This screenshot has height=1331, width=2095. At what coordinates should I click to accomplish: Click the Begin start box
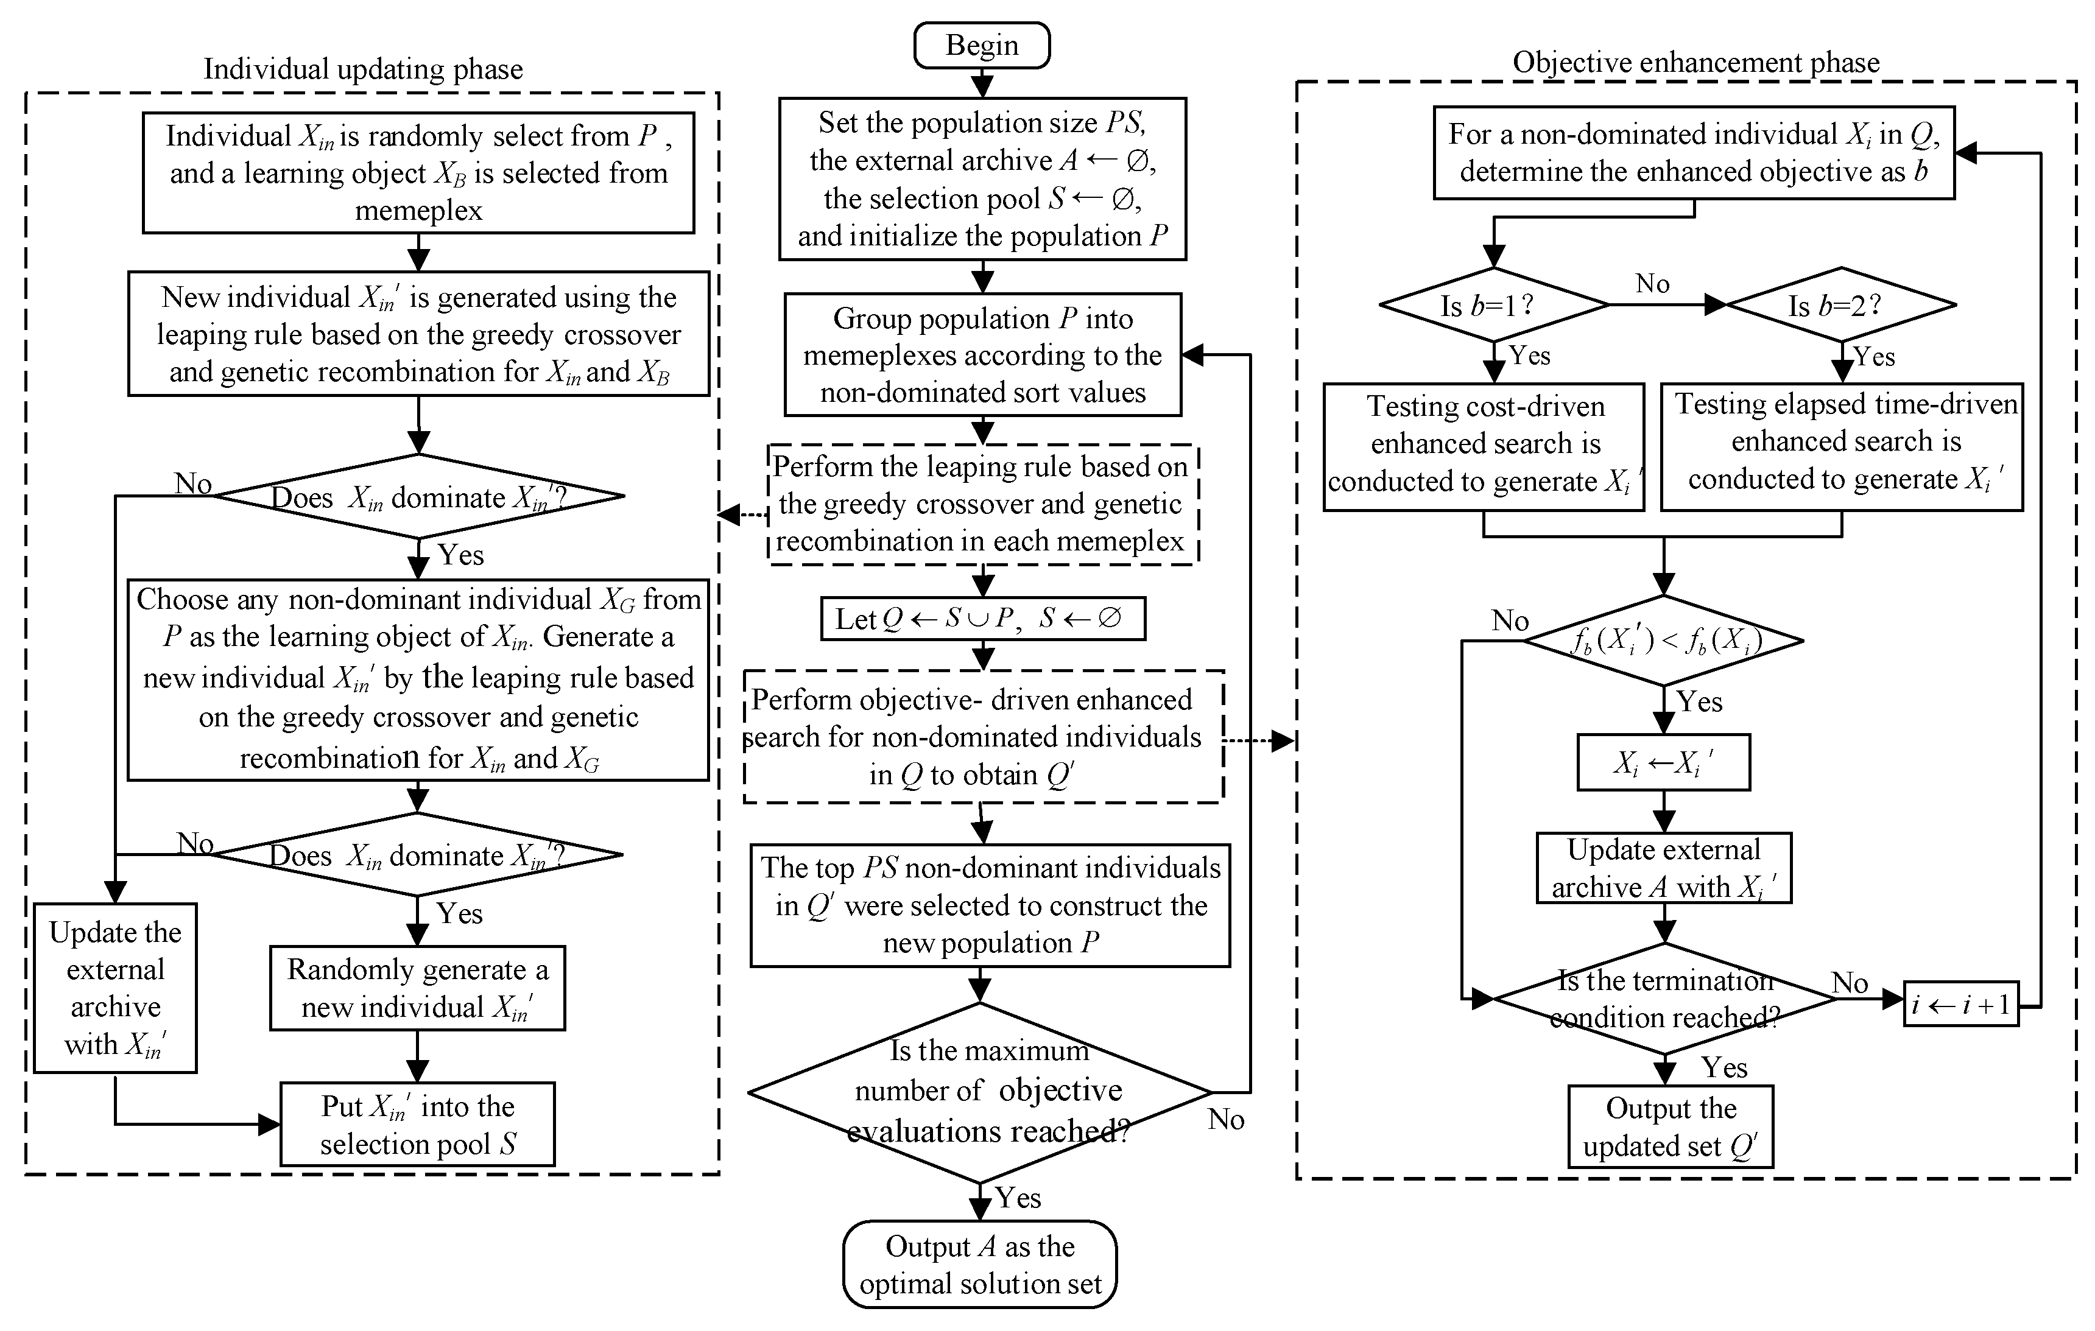coord(981,45)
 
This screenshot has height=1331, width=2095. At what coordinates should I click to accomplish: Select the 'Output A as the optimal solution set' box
coord(980,1264)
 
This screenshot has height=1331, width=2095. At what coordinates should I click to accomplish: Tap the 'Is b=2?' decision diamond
coord(1841,305)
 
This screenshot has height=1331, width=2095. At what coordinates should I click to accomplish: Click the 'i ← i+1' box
coord(1960,1005)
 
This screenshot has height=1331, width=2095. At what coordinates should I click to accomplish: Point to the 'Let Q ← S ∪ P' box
coord(982,619)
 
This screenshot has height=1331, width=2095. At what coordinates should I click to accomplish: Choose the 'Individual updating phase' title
coord(363,69)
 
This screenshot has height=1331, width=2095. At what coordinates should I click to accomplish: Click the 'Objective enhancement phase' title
coord(1695,63)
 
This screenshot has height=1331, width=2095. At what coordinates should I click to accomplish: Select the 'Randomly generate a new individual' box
coord(418,988)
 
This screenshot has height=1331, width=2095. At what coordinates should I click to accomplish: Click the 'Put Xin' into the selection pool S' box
coord(418,1124)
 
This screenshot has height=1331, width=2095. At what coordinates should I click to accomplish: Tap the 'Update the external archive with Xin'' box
coord(115,988)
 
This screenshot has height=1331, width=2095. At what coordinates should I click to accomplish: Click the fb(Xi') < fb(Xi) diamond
coord(1663,641)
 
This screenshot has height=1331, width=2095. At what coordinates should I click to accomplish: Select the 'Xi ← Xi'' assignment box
coord(1663,763)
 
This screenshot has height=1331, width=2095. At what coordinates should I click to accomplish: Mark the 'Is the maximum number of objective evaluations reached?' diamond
coord(981,1092)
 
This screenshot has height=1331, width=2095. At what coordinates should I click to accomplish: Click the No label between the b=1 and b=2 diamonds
coord(1652,284)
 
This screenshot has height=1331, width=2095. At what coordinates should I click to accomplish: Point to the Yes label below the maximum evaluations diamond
coord(1018,1198)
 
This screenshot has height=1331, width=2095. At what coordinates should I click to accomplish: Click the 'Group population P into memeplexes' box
coord(982,355)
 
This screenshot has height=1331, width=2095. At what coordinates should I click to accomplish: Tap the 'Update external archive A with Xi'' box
coord(1663,868)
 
